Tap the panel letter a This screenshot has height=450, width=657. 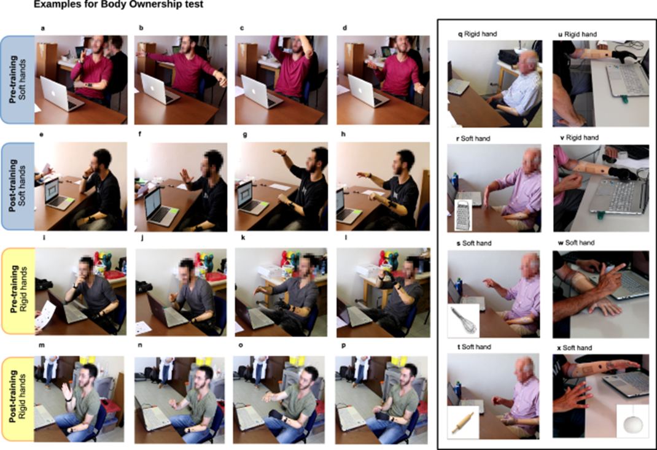[42, 28]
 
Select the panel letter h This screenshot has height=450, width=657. [344, 134]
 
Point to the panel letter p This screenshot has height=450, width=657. [344, 346]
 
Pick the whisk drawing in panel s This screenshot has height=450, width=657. [463, 320]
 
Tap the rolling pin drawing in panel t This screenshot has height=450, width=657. [462, 422]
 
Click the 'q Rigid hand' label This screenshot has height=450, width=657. [477, 34]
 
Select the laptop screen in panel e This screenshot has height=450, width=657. [52, 192]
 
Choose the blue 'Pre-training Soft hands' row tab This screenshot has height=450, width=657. [18, 80]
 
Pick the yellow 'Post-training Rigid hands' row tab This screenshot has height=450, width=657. [18, 398]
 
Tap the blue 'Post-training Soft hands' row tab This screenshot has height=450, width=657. [18, 187]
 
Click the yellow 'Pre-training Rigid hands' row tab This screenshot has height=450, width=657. [18, 291]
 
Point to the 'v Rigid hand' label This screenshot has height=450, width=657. [579, 138]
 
